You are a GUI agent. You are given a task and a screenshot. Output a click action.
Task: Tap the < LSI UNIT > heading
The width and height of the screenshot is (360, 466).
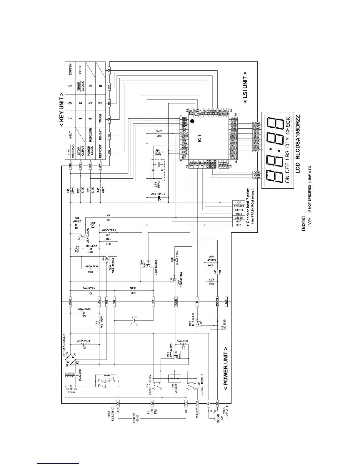point(245,88)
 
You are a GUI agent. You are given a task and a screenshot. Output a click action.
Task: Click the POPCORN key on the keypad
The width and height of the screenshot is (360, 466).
point(90,135)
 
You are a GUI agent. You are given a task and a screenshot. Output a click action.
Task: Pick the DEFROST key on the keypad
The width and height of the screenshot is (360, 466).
point(100,151)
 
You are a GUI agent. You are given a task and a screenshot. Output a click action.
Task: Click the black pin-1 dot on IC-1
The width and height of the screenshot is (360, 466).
point(192,121)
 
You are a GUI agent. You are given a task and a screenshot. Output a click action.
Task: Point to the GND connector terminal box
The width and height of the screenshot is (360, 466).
point(70,302)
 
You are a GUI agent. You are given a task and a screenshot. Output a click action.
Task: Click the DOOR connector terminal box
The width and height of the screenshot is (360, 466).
point(217,302)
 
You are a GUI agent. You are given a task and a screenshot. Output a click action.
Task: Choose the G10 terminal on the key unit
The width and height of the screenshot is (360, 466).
point(70,167)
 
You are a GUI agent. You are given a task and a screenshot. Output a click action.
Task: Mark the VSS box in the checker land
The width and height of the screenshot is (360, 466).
point(239,225)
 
